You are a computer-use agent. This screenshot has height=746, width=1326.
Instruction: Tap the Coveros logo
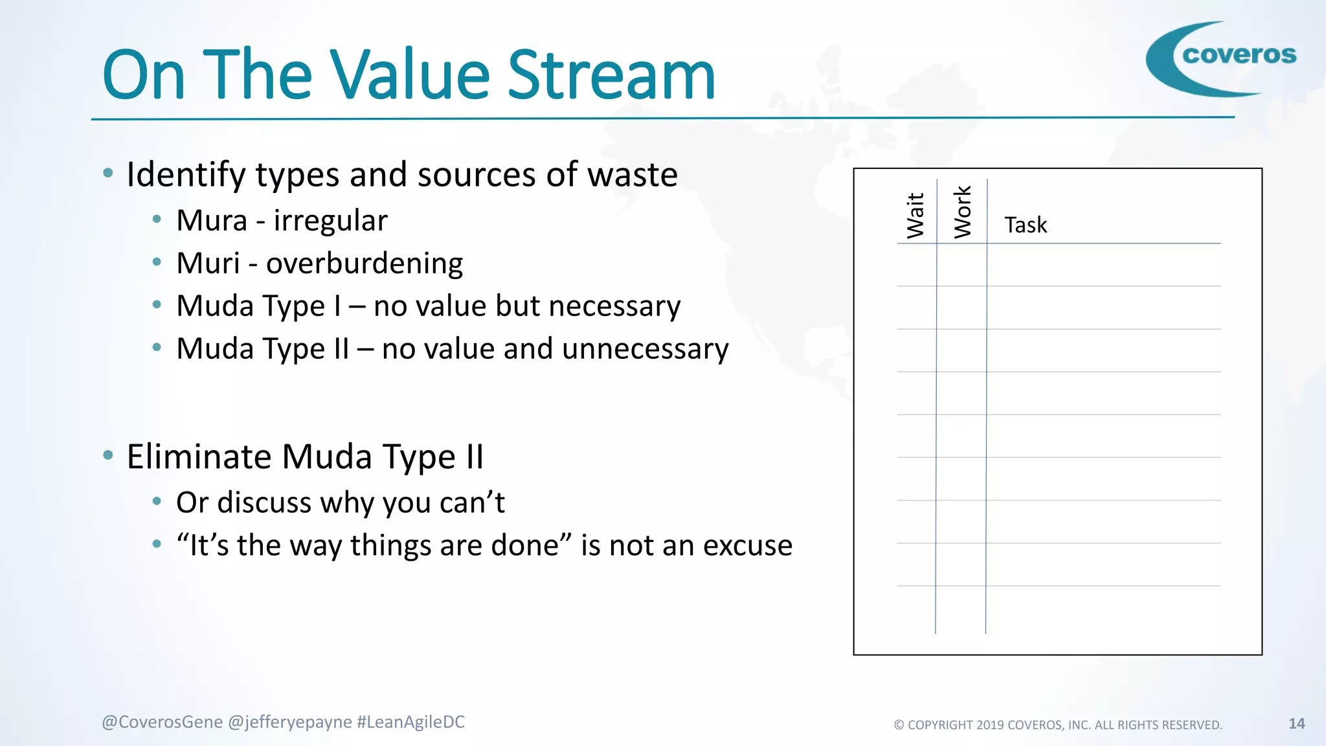click(1222, 58)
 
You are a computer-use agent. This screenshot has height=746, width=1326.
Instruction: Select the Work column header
click(963, 212)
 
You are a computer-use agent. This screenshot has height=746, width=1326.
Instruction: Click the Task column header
click(1026, 225)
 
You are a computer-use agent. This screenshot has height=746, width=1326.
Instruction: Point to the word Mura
click(212, 221)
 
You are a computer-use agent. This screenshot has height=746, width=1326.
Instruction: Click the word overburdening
click(365, 264)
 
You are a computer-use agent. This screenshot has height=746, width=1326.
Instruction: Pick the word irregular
click(330, 221)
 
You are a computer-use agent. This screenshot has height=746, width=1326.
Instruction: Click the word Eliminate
click(199, 457)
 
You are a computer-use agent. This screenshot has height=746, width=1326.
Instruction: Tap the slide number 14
click(1296, 724)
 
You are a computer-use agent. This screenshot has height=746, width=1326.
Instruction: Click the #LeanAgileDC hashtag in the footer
click(410, 722)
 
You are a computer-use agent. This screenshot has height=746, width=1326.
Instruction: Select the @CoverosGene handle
click(162, 722)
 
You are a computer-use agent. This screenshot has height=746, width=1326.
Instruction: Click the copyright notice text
click(1058, 725)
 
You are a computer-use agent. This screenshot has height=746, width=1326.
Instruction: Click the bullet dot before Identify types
click(108, 173)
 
